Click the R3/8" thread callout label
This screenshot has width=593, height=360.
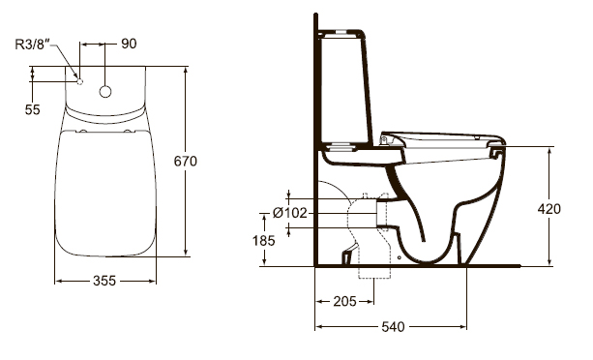click(x=33, y=45)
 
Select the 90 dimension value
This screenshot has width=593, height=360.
click(x=129, y=44)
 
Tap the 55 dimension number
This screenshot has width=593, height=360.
click(x=33, y=109)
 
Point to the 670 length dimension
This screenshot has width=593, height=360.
click(x=186, y=162)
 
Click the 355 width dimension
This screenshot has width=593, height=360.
click(x=104, y=281)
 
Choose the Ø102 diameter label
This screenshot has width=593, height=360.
click(x=289, y=213)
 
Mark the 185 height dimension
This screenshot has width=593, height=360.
click(x=263, y=241)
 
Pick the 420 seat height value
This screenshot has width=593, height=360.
click(x=549, y=209)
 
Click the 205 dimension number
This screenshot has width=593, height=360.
click(x=344, y=301)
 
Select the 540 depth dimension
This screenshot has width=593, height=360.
click(x=393, y=327)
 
